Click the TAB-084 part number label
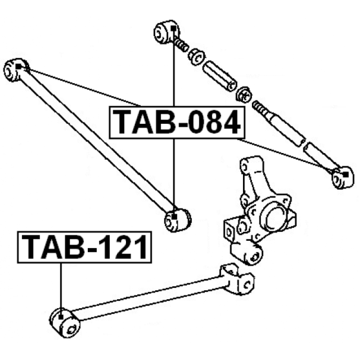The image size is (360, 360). click(177, 122)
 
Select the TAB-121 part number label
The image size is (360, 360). click(85, 247)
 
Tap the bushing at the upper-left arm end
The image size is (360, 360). click(16, 70)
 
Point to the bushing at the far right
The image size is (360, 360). click(343, 177)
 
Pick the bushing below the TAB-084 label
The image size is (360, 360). click(178, 220)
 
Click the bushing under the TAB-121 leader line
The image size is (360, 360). click(65, 323)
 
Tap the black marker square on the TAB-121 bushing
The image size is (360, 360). click(61, 317)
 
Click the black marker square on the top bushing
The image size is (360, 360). click(174, 28)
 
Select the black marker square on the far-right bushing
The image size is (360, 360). click(346, 175)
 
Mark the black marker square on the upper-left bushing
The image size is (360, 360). click(18, 67)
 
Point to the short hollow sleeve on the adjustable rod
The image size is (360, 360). click(220, 76)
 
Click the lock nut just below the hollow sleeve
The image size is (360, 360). click(244, 94)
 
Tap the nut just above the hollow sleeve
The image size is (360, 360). click(197, 57)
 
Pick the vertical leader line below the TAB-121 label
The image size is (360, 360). click(61, 289)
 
